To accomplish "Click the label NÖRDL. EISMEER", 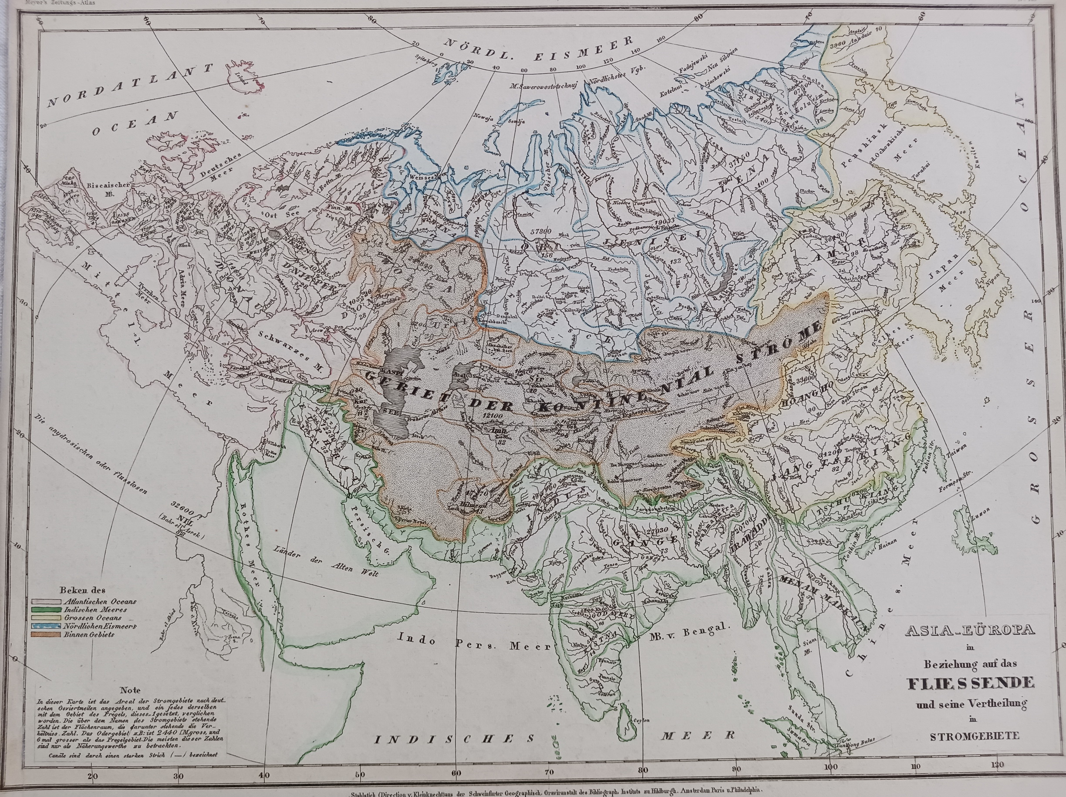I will [538, 51].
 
